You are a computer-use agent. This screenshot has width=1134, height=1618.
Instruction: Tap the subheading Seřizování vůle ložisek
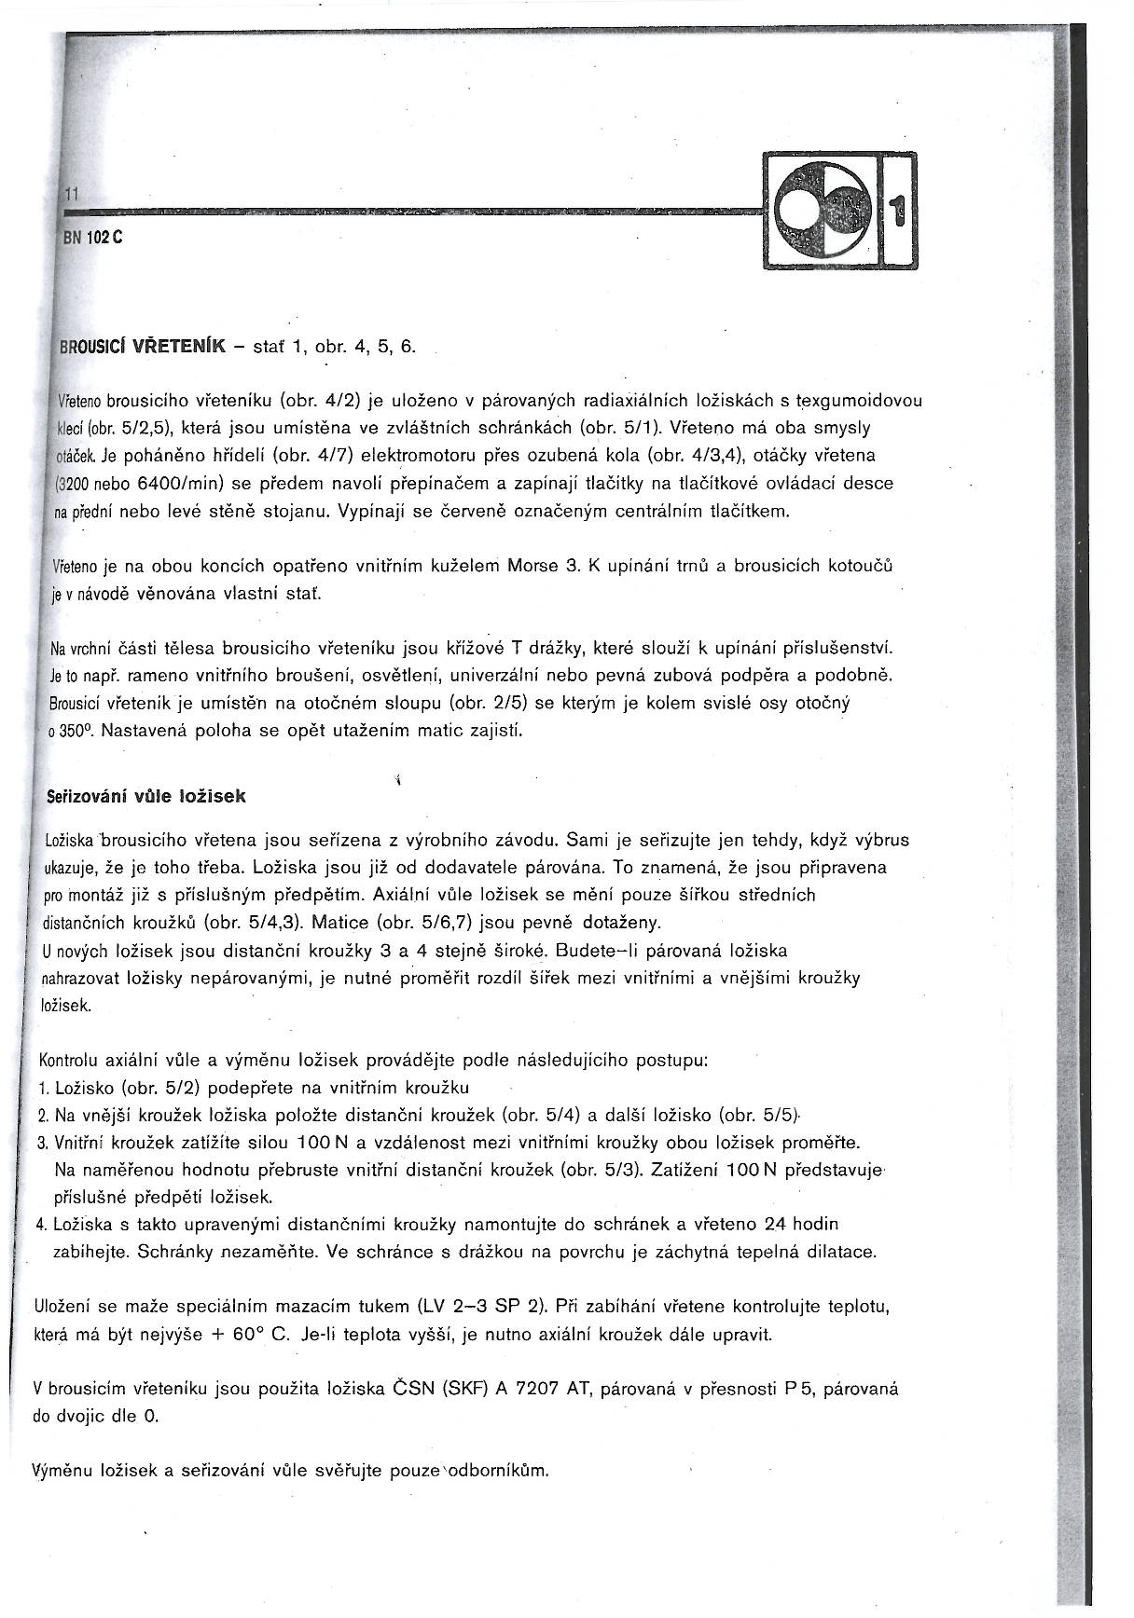click(145, 797)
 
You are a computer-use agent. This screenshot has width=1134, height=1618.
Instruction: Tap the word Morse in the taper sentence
click(532, 565)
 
